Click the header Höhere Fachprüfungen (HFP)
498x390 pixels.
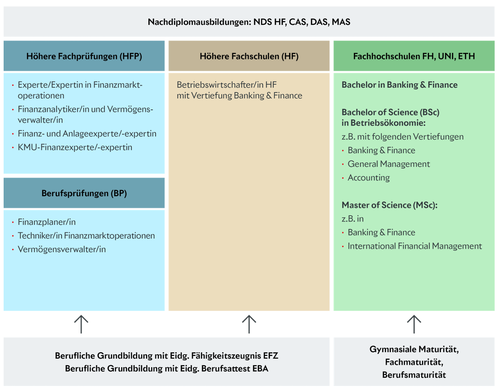[x=84, y=56]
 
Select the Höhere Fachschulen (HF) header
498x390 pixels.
[x=249, y=56]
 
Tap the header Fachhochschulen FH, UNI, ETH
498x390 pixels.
[x=414, y=56]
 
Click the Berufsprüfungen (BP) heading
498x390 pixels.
[x=84, y=193]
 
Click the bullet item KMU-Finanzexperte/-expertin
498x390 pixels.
[x=75, y=147]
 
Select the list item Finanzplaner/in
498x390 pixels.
[x=47, y=222]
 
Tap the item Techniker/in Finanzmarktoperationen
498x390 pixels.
[x=86, y=236]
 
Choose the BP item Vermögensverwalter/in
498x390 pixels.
[x=62, y=250]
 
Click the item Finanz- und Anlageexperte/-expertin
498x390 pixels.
[x=87, y=134]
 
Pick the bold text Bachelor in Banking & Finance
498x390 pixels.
[x=399, y=85]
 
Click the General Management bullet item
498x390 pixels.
[x=389, y=164]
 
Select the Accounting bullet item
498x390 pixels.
[x=369, y=178]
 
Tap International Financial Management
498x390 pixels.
[x=415, y=246]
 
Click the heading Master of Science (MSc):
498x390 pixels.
[x=389, y=205]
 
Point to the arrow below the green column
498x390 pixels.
[x=414, y=324]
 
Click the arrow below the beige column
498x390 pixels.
[x=249, y=324]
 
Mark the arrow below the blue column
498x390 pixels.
[x=81, y=324]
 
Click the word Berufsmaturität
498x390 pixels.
[x=414, y=375]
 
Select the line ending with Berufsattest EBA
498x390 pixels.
[x=167, y=369]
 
